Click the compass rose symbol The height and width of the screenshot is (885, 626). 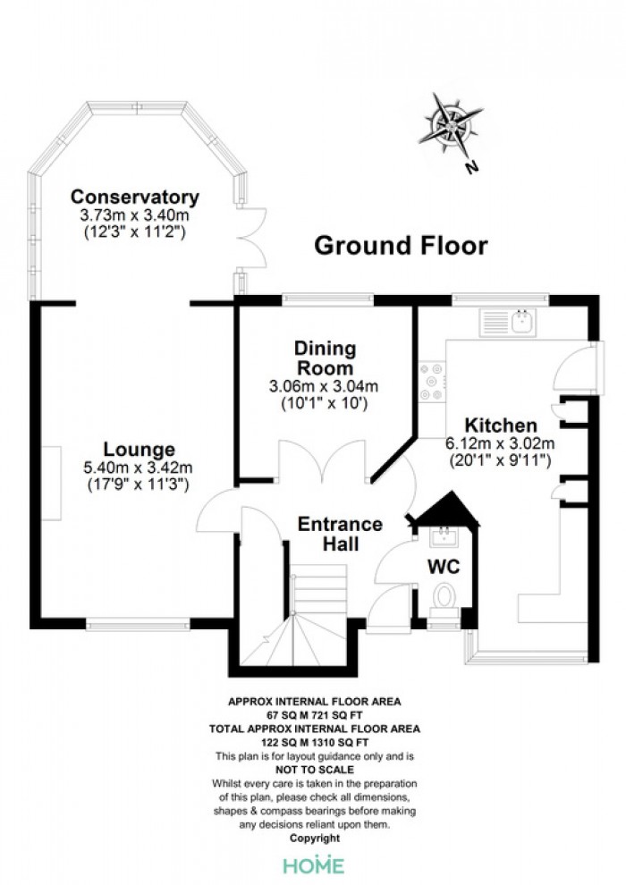pos(451,125)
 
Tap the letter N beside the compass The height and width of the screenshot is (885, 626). pos(471,166)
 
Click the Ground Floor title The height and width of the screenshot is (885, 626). pos(401,246)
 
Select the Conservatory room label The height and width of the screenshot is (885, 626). pos(135,197)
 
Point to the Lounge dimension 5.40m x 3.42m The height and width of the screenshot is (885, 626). pos(138,468)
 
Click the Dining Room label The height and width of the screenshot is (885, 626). pos(326,358)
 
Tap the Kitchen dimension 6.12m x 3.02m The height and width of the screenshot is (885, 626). pos(500,443)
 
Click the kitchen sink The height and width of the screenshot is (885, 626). pos(507,323)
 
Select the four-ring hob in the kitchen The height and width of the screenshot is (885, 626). pos(432,382)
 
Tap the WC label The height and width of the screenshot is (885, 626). pos(444,566)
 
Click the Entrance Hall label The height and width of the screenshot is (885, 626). pos(340,534)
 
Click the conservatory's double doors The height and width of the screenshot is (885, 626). pos(252,238)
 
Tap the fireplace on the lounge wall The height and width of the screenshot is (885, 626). pos(52,483)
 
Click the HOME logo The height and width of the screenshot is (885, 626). pos(314,865)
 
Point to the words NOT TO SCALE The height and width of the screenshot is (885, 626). pos(315,770)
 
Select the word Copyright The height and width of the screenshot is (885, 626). pos(315,839)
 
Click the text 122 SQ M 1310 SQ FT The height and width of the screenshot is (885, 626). pos(315,742)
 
